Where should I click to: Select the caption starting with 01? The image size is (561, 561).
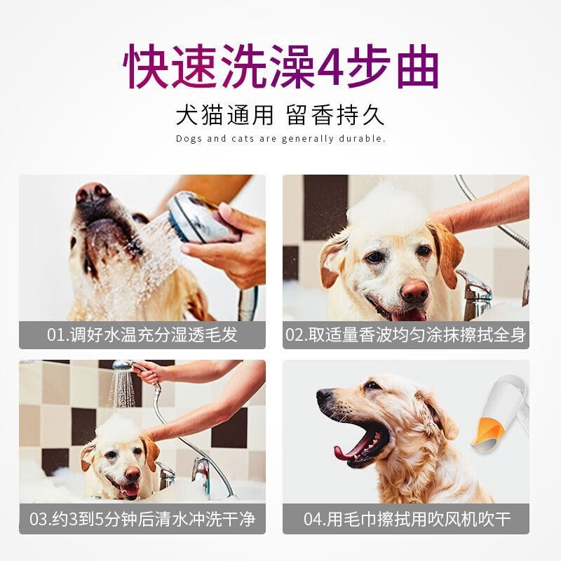click(x=142, y=335)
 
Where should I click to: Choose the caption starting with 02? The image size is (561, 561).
click(x=406, y=335)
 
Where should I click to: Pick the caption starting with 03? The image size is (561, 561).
click(x=142, y=519)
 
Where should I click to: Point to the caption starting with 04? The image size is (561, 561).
click(x=407, y=519)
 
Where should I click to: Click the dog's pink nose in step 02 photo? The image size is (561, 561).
click(x=414, y=291)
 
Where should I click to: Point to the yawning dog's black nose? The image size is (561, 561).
click(x=325, y=395)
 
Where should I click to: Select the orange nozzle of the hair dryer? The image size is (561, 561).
click(x=488, y=433)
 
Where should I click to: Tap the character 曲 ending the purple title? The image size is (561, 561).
click(x=418, y=67)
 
